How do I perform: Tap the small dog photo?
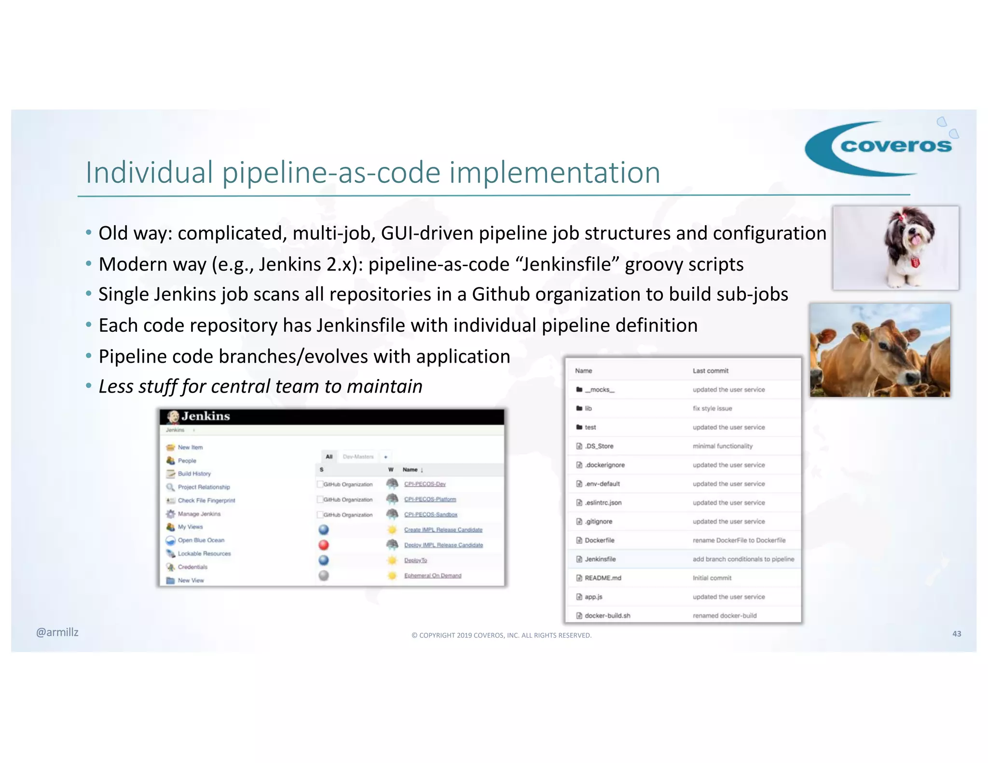coord(896,248)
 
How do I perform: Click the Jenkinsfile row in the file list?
coord(600,559)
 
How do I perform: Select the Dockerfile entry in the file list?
coord(599,540)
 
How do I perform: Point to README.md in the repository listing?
coord(603,578)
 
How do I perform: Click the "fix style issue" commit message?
coord(712,409)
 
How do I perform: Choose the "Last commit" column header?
coord(710,371)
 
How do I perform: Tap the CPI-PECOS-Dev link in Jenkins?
coord(425,484)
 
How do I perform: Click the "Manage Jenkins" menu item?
coord(199,514)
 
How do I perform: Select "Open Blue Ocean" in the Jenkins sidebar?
coord(201,540)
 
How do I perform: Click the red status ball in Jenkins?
coord(324,545)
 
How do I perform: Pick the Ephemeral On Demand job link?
coord(432,575)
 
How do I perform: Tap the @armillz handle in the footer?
coord(57,632)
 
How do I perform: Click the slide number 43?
coord(956,634)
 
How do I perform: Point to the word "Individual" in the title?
coord(149,173)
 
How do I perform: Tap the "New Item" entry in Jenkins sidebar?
coord(190,447)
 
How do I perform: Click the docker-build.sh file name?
coord(607,615)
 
